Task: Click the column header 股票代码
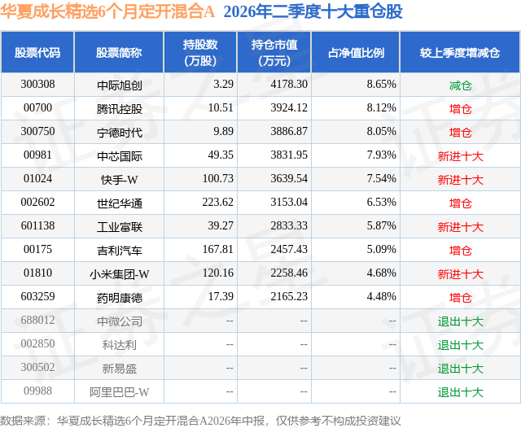pos(37,53)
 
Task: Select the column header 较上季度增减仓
pos(460,53)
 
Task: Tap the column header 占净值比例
pos(356,53)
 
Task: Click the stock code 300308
pos(37,85)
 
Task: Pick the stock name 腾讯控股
pos(120,109)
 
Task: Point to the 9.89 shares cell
pos(223,132)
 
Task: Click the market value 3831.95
pos(289,155)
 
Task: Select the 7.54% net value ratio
pos(382,179)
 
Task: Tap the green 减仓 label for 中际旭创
pos(460,85)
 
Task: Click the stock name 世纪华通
pos(120,203)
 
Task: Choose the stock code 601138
pos(37,225)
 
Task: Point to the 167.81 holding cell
pos(218,249)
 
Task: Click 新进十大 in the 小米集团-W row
pos(460,274)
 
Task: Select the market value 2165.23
pos(289,296)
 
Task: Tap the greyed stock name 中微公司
pos(120,321)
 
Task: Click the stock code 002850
pos(37,343)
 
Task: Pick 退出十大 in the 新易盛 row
pos(460,369)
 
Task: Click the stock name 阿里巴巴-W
pos(120,392)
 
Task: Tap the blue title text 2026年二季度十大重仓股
pos(313,11)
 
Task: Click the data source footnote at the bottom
pos(200,421)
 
